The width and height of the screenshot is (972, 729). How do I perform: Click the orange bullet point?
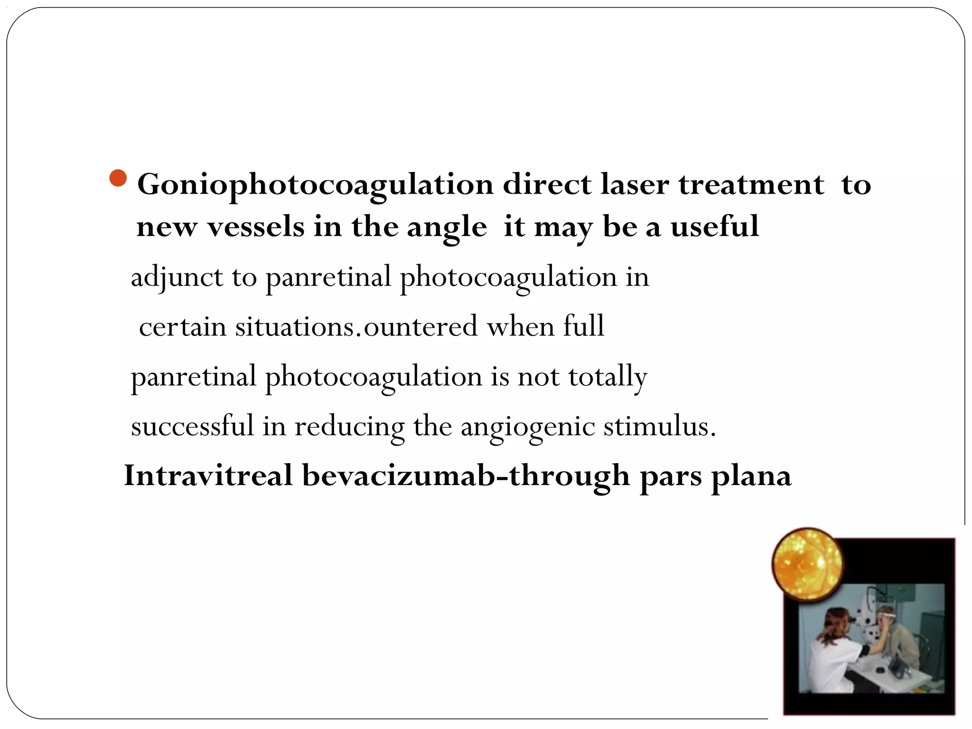pos(118,178)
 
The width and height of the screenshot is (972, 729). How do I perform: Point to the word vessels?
pos(256,227)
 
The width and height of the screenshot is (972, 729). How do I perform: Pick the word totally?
pos(607,377)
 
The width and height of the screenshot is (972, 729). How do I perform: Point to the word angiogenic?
pos(527,427)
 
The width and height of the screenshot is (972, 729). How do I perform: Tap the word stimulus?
pos(659,426)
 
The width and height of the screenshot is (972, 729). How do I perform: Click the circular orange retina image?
pos(807,564)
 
